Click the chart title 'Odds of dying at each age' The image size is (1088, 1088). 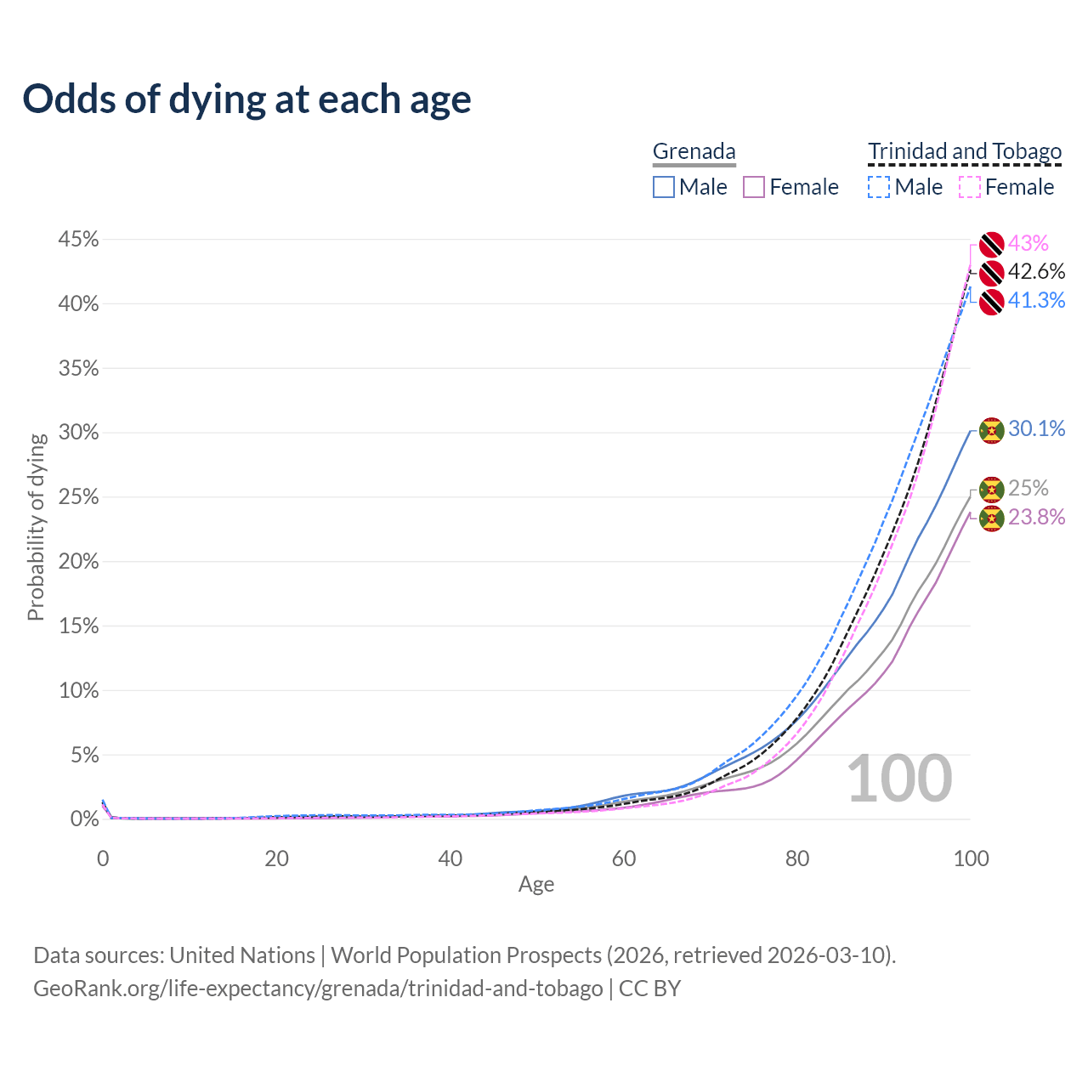coord(246,99)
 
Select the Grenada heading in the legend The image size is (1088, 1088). coord(694,151)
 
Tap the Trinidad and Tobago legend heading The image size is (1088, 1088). coord(965,151)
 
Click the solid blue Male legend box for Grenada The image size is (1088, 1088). coord(664,187)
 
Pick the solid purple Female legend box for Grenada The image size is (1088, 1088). coord(754,187)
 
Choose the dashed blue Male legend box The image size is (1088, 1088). coord(879,187)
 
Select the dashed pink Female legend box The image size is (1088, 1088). coord(969,187)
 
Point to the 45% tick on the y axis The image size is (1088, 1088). coord(78,240)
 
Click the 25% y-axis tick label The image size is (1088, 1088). coord(78,497)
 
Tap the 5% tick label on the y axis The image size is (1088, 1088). coord(83,755)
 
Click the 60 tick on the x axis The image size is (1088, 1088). coord(624,858)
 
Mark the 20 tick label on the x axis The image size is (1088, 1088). coord(276,858)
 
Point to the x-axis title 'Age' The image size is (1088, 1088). coord(536,885)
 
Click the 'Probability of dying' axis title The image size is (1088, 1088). coord(36,527)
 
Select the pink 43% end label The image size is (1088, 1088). coord(1028,244)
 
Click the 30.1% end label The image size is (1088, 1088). coord(1036,428)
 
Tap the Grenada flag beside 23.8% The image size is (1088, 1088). coord(991,518)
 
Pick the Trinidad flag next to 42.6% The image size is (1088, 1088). coord(991,274)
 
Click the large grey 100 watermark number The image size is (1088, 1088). coord(899,779)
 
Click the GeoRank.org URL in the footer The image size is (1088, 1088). coord(318,989)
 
